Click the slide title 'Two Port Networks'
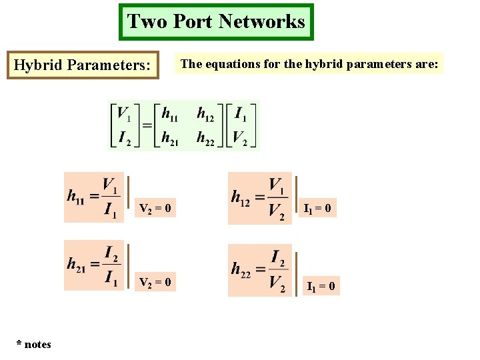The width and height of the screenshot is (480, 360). (216, 21)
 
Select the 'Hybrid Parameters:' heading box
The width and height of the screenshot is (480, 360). (83, 65)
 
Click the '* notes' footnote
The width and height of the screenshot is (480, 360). (34, 344)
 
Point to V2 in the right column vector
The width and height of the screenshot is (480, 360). (240, 137)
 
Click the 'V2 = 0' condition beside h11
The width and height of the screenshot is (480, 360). (155, 209)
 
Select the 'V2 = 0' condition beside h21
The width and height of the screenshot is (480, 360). (155, 283)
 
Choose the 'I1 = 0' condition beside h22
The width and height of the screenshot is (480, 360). (321, 287)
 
